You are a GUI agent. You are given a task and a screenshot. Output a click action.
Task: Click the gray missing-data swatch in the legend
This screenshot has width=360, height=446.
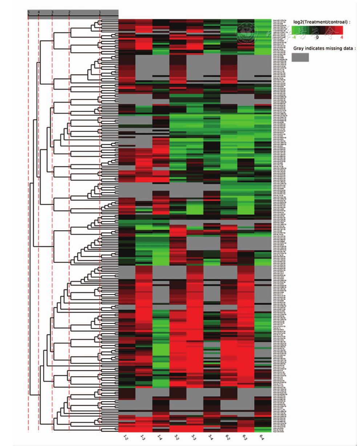point(300,57)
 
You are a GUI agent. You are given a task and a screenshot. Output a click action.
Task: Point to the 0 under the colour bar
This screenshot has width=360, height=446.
point(317,37)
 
